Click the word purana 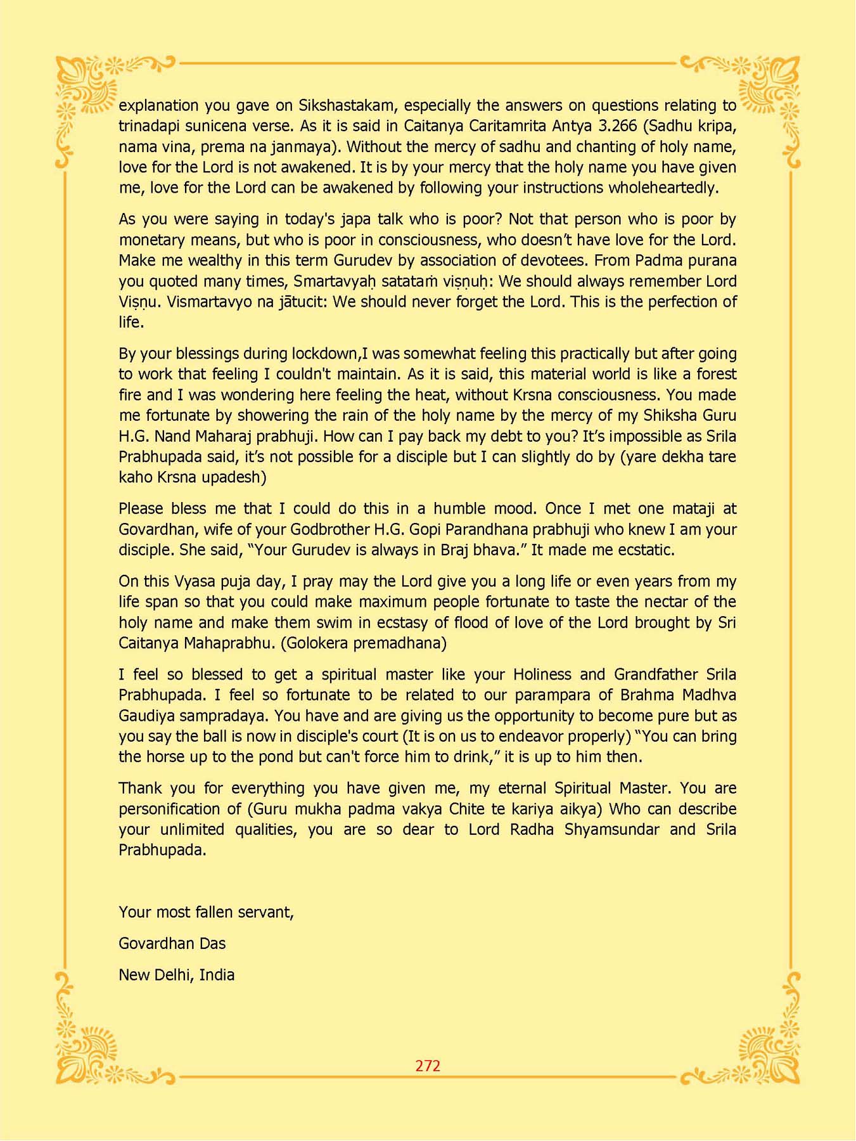[x=711, y=261]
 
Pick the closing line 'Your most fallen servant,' [x=206, y=912]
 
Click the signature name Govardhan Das [x=172, y=944]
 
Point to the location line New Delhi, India [x=176, y=975]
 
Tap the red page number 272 [x=428, y=1066]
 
